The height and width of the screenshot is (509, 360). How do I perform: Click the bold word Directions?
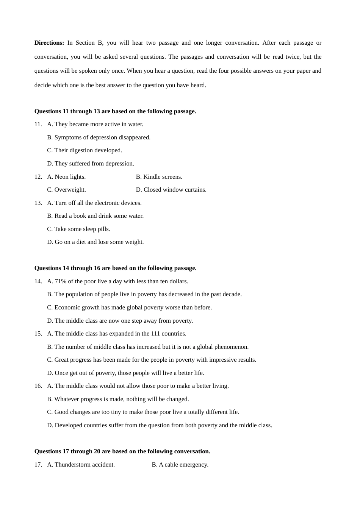pyautogui.click(x=49, y=43)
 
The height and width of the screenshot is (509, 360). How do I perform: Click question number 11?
pyautogui.click(x=38, y=124)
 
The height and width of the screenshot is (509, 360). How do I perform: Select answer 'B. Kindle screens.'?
pyautogui.click(x=159, y=177)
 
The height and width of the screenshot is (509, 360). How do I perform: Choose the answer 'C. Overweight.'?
pyautogui.click(x=66, y=190)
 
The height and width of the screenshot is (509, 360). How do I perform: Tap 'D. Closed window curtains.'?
pyautogui.click(x=171, y=190)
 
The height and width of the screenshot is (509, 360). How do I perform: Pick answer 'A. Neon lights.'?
pyautogui.click(x=66, y=177)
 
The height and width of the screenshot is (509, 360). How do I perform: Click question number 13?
pyautogui.click(x=38, y=203)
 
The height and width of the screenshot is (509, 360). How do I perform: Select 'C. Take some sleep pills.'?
pyautogui.click(x=78, y=229)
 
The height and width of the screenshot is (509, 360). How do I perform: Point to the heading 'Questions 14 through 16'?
pyautogui.click(x=115, y=268)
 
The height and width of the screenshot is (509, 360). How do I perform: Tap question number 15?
pyautogui.click(x=38, y=334)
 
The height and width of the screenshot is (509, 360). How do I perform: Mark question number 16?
pyautogui.click(x=38, y=386)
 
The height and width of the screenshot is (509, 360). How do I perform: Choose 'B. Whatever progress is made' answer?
pyautogui.click(x=118, y=399)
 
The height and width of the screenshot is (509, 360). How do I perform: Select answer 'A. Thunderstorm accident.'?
pyautogui.click(x=81, y=465)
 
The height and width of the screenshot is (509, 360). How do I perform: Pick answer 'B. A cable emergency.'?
pyautogui.click(x=180, y=465)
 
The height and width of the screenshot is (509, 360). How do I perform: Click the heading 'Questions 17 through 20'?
pyautogui.click(x=122, y=451)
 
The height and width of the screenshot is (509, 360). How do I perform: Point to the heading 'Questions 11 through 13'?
pyautogui.click(x=115, y=111)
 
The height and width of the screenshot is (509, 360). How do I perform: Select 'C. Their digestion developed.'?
pyautogui.click(x=85, y=150)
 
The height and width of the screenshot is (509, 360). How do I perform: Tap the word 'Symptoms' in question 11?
pyautogui.click(x=66, y=137)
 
